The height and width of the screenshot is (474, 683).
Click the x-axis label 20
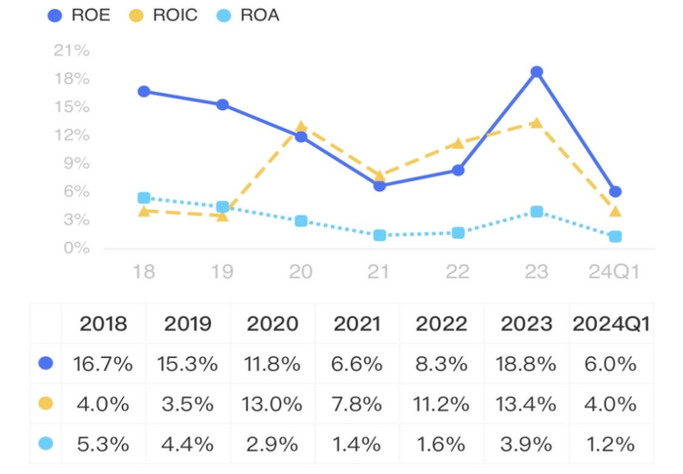(x=301, y=271)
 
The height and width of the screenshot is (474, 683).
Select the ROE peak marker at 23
(x=537, y=72)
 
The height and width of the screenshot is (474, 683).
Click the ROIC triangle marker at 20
(x=301, y=127)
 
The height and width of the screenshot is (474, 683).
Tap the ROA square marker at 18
(x=143, y=198)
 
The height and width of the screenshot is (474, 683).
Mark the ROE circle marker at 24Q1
(x=615, y=191)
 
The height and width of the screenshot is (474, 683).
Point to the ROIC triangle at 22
(x=458, y=143)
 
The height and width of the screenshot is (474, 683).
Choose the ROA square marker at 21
(x=380, y=235)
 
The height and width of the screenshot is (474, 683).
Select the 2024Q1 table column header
(x=612, y=324)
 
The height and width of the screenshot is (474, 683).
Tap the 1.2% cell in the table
(x=612, y=444)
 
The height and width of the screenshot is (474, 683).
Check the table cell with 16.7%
(x=102, y=364)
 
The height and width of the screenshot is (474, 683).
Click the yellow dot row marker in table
(x=45, y=404)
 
